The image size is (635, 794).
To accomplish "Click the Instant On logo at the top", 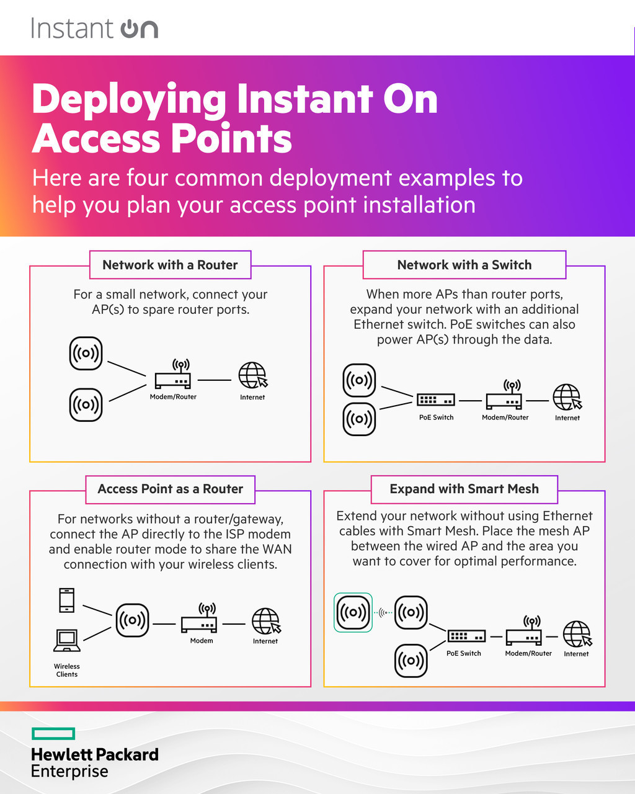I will [x=94, y=29].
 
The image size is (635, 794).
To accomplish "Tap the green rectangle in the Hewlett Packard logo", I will [x=53, y=734].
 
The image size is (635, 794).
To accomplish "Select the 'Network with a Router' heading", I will [x=170, y=265].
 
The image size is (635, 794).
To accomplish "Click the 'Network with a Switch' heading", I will [x=464, y=265].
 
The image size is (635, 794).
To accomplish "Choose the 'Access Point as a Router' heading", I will [x=170, y=489].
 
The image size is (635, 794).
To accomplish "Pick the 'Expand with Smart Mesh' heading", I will [x=464, y=489].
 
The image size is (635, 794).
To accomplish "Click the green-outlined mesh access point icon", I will [x=353, y=612].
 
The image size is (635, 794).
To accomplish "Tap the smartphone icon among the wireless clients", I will [x=66, y=600].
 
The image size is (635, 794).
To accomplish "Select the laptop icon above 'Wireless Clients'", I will [x=66, y=640].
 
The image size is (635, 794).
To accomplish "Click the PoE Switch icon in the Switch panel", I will [x=436, y=400].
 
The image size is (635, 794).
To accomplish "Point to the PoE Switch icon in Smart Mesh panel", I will [x=466, y=636].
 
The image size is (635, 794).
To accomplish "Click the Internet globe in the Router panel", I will [x=253, y=376].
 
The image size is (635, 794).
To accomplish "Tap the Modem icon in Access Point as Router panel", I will [x=199, y=618].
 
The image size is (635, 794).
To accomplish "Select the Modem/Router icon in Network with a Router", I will [x=173, y=375].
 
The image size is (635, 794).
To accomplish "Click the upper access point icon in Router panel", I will [x=86, y=354].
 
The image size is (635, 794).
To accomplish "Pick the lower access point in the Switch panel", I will [x=359, y=419].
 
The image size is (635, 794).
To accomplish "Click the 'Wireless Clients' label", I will [x=67, y=670].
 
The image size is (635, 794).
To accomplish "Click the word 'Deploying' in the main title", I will [x=129, y=99].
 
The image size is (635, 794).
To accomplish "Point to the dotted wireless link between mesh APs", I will [x=383, y=613].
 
